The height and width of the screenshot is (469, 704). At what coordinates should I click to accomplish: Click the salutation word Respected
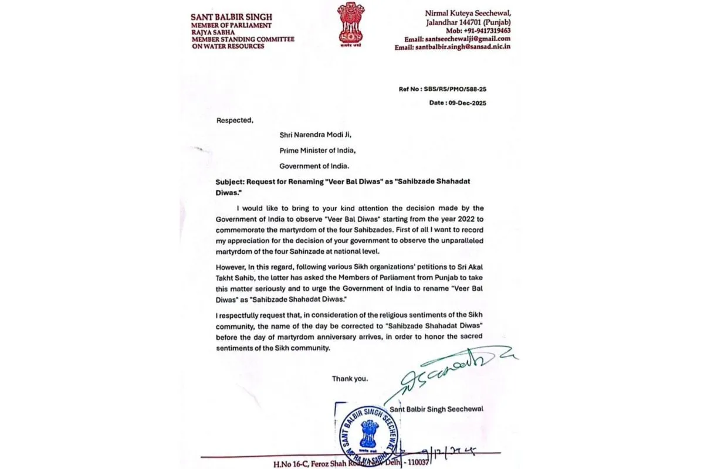coord(235,121)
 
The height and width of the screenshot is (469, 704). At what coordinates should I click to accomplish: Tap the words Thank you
coord(350,379)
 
